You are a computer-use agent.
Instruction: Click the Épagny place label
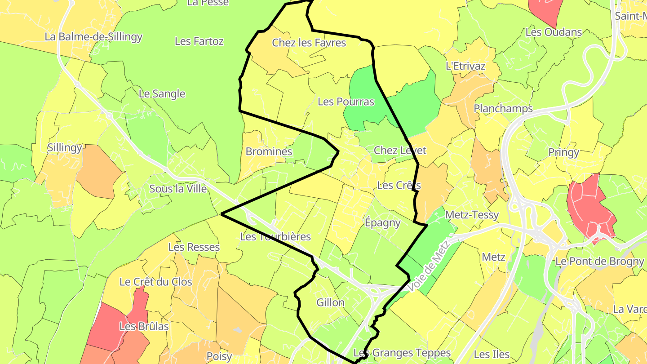pyautogui.click(x=382, y=223)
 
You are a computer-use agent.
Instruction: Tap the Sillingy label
pyautogui.click(x=65, y=147)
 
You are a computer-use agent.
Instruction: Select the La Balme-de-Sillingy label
pyautogui.click(x=93, y=37)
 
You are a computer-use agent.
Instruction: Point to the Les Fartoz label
pyautogui.click(x=199, y=41)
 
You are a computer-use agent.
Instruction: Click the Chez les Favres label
pyautogui.click(x=309, y=43)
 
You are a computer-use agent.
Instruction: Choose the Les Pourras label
pyautogui.click(x=346, y=102)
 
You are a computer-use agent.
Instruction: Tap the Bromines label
pyautogui.click(x=269, y=151)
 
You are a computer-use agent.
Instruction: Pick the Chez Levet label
pyautogui.click(x=400, y=150)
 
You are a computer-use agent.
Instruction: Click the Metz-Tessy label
pyautogui.click(x=472, y=215)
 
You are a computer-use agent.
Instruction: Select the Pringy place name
pyautogui.click(x=563, y=152)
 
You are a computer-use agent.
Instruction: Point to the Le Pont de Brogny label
pyautogui.click(x=599, y=261)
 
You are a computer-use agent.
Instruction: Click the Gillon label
pyautogui.click(x=330, y=302)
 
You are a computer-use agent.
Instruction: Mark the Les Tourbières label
pyautogui.click(x=275, y=236)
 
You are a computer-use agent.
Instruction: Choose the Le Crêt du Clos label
pyautogui.click(x=155, y=282)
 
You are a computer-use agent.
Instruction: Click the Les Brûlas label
pyautogui.click(x=144, y=326)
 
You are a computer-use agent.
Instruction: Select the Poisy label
pyautogui.click(x=219, y=356)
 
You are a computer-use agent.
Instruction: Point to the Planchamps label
pyautogui.click(x=503, y=108)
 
